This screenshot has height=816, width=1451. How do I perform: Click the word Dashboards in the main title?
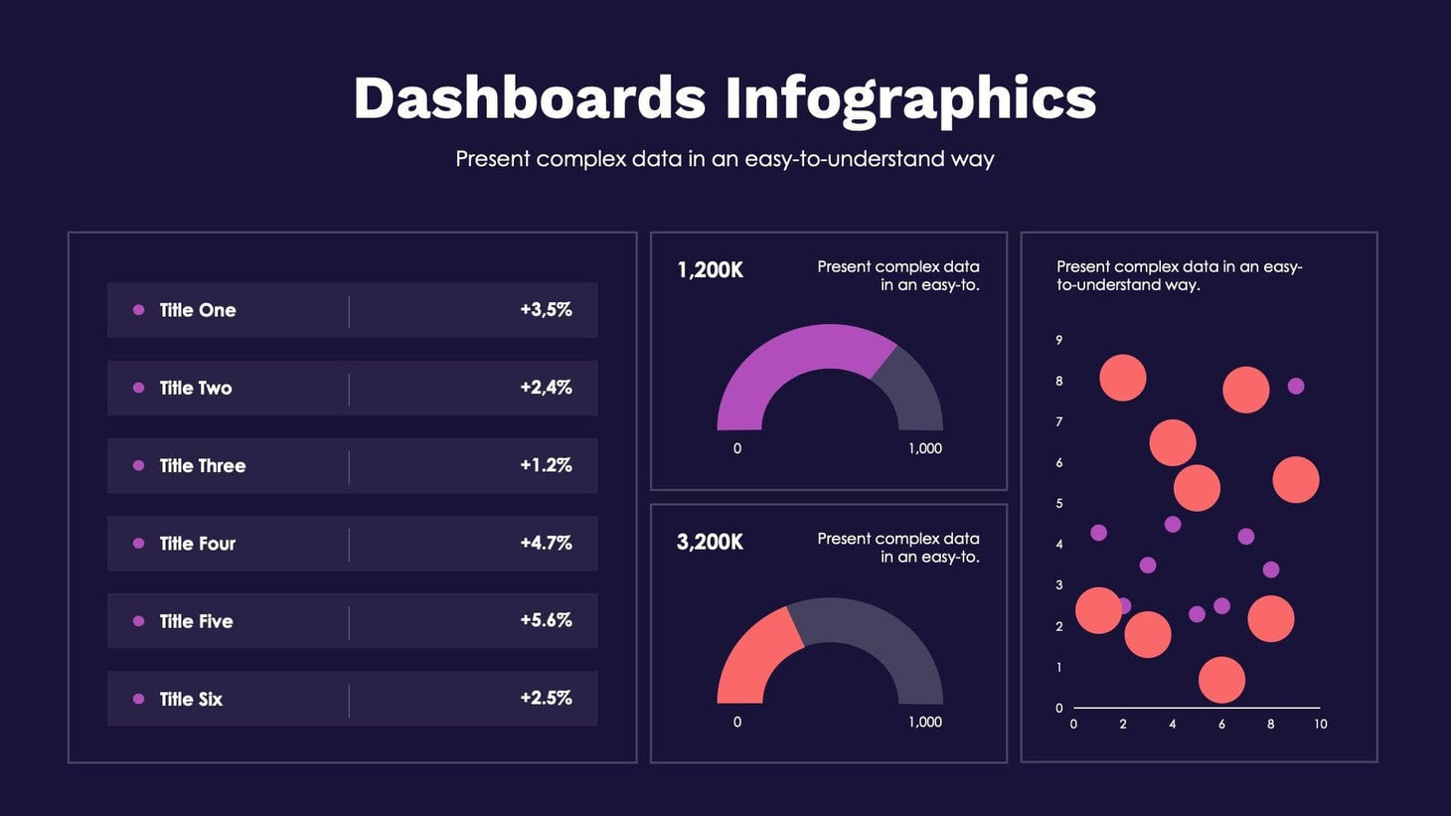coord(529,98)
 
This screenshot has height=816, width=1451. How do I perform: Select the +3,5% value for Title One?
coord(546,310)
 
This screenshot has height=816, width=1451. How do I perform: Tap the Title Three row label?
coord(202,466)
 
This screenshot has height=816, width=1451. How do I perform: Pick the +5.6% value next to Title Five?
coord(546,620)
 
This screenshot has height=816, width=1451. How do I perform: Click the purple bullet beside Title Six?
coord(139,699)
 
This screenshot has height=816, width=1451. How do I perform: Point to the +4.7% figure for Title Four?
coord(546,543)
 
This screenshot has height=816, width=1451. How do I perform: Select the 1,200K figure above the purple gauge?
coord(710,270)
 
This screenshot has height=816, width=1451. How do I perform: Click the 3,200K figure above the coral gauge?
coord(710,543)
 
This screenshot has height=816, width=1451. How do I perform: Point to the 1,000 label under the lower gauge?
coord(924,722)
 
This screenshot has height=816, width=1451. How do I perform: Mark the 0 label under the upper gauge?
coord(737,448)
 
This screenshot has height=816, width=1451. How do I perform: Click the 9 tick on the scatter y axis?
coord(1058,340)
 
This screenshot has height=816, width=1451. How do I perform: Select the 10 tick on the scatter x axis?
coord(1320,725)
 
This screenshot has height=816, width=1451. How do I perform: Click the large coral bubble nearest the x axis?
coord(1221,680)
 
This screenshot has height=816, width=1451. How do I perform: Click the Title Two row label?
coord(195,389)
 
